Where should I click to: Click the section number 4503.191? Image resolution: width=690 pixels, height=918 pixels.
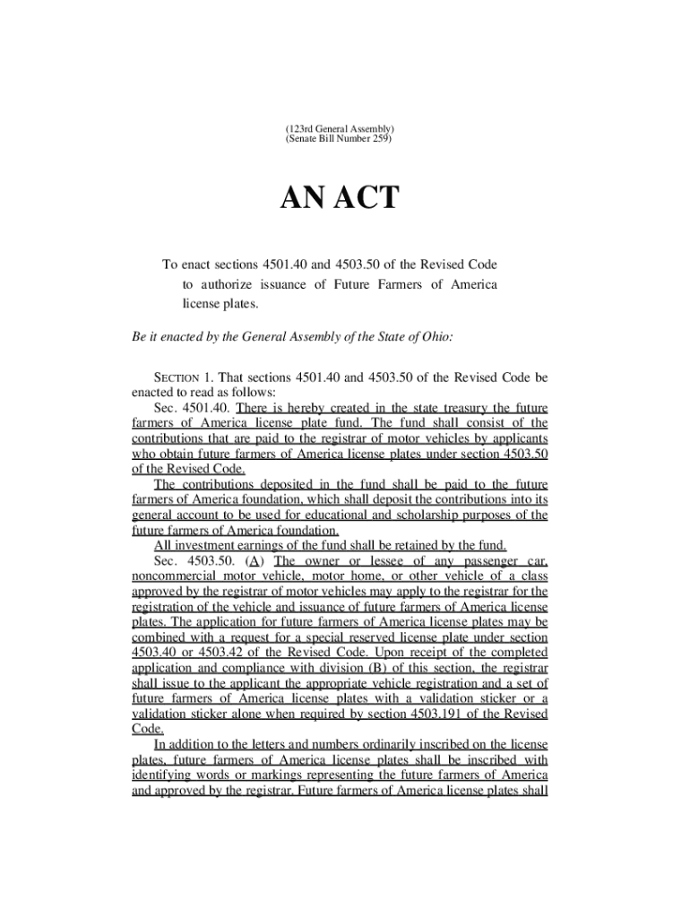coord(461,714)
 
